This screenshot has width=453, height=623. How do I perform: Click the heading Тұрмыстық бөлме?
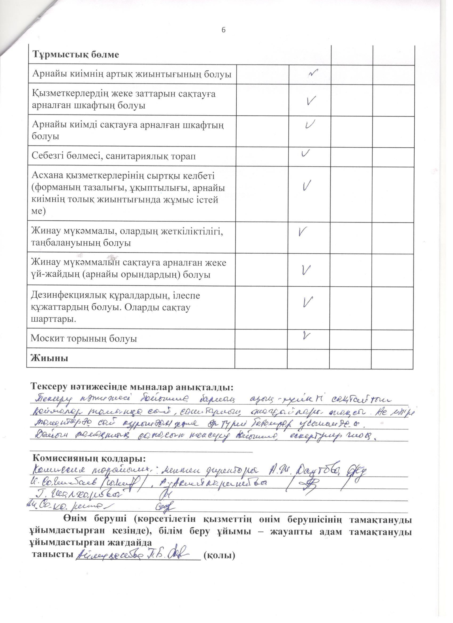76,55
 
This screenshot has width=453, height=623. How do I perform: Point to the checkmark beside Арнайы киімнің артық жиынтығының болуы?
313,72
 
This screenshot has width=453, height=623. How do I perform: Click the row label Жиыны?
50,358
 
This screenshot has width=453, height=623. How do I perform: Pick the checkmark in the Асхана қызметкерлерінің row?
307,186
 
